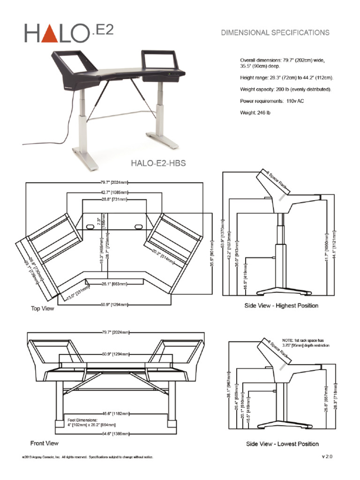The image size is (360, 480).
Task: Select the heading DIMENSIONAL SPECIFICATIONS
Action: pyautogui.click(x=275, y=32)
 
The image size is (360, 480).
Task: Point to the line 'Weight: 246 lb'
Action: pyautogui.click(x=255, y=112)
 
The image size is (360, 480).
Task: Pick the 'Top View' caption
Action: pyautogui.click(x=42, y=308)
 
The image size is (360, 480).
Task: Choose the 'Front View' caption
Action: pyautogui.click(x=44, y=442)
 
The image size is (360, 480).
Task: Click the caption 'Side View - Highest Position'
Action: pyautogui.click(x=281, y=306)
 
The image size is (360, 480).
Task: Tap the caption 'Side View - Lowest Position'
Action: pyautogui.click(x=282, y=443)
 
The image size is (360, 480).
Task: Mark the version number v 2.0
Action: pyautogui.click(x=327, y=456)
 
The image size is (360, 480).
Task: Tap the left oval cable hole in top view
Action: pyautogui.click(x=90, y=226)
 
